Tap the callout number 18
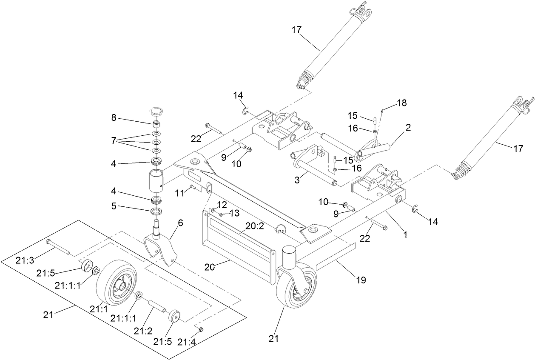(401, 103)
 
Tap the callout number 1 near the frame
(405, 234)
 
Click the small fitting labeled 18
(382, 111)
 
